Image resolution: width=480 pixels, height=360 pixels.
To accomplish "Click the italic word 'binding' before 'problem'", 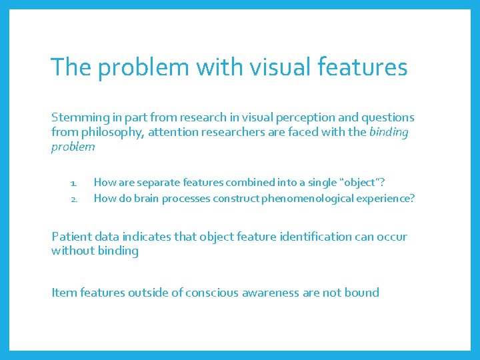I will pos(389,132).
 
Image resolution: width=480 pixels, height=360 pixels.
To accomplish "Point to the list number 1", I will pos(74,182).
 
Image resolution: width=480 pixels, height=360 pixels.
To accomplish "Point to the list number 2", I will pos(74,198).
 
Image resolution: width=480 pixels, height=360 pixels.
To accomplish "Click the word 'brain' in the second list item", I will pos(148,198).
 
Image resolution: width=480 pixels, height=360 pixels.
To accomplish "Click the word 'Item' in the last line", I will pos(63,293).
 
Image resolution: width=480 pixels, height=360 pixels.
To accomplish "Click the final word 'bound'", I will pos(361,293).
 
